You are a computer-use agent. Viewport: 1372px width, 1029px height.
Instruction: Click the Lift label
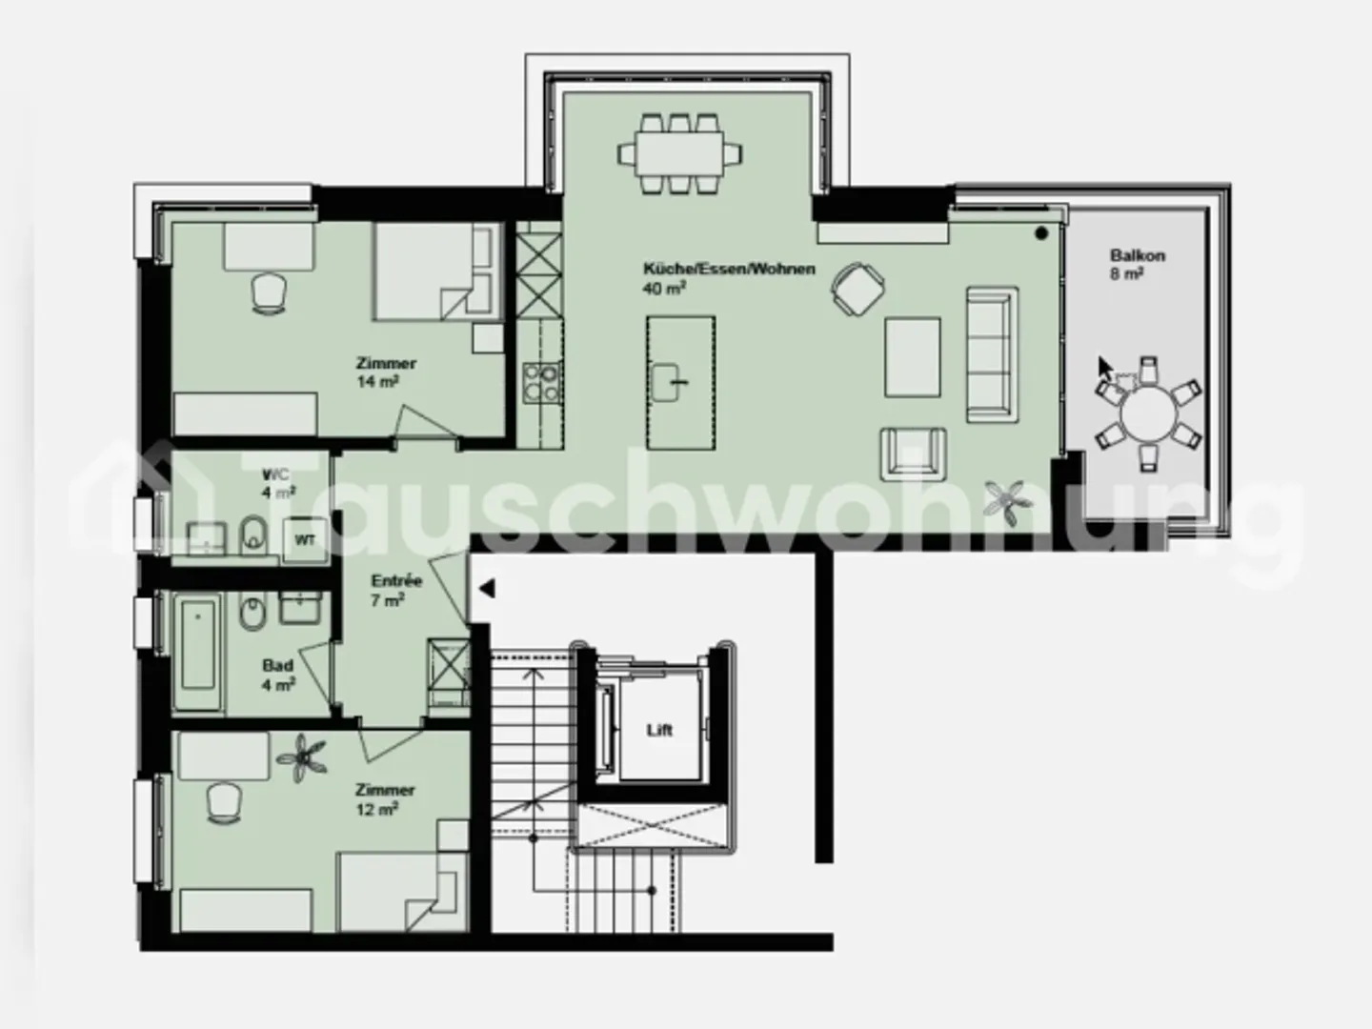click(659, 730)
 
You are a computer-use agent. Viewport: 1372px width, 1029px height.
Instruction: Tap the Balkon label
click(1137, 255)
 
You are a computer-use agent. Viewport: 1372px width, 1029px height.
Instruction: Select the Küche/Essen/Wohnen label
click(729, 269)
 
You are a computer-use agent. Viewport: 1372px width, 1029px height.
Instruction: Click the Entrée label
click(396, 580)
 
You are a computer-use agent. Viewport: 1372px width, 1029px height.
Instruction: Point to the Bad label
click(277, 666)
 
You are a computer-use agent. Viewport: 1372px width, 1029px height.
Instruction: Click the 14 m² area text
click(376, 381)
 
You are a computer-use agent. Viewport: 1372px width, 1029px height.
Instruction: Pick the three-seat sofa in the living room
click(992, 353)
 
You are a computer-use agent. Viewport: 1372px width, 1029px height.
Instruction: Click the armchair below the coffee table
click(914, 454)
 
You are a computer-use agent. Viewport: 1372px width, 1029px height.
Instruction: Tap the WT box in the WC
click(305, 539)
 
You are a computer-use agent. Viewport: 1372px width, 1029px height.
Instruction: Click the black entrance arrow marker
click(487, 590)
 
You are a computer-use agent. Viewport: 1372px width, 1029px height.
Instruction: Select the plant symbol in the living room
click(1008, 499)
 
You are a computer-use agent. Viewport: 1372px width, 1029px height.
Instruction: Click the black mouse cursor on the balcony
click(1105, 369)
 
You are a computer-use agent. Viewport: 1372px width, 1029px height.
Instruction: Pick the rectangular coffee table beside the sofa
click(912, 356)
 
